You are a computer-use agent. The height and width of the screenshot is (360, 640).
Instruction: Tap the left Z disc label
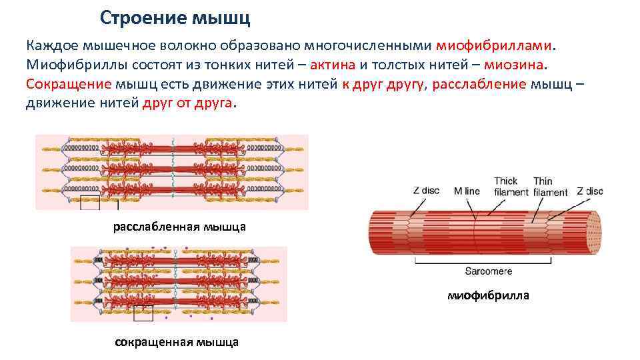pyautogui.click(x=426, y=191)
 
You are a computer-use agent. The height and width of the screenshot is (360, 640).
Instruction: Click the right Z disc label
pyautogui.click(x=589, y=191)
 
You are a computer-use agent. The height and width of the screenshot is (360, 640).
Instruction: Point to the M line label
pyautogui.click(x=467, y=191)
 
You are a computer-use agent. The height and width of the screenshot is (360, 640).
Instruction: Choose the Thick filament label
pyautogui.click(x=506, y=186)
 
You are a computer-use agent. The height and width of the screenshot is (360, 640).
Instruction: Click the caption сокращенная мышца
pyautogui.click(x=177, y=343)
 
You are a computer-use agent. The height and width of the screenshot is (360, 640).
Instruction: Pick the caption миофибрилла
pyautogui.click(x=489, y=295)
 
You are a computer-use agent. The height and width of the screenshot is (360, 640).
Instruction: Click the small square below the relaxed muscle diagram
pyautogui.click(x=90, y=203)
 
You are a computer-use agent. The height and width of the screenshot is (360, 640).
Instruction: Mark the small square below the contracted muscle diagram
pyautogui.click(x=143, y=313)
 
